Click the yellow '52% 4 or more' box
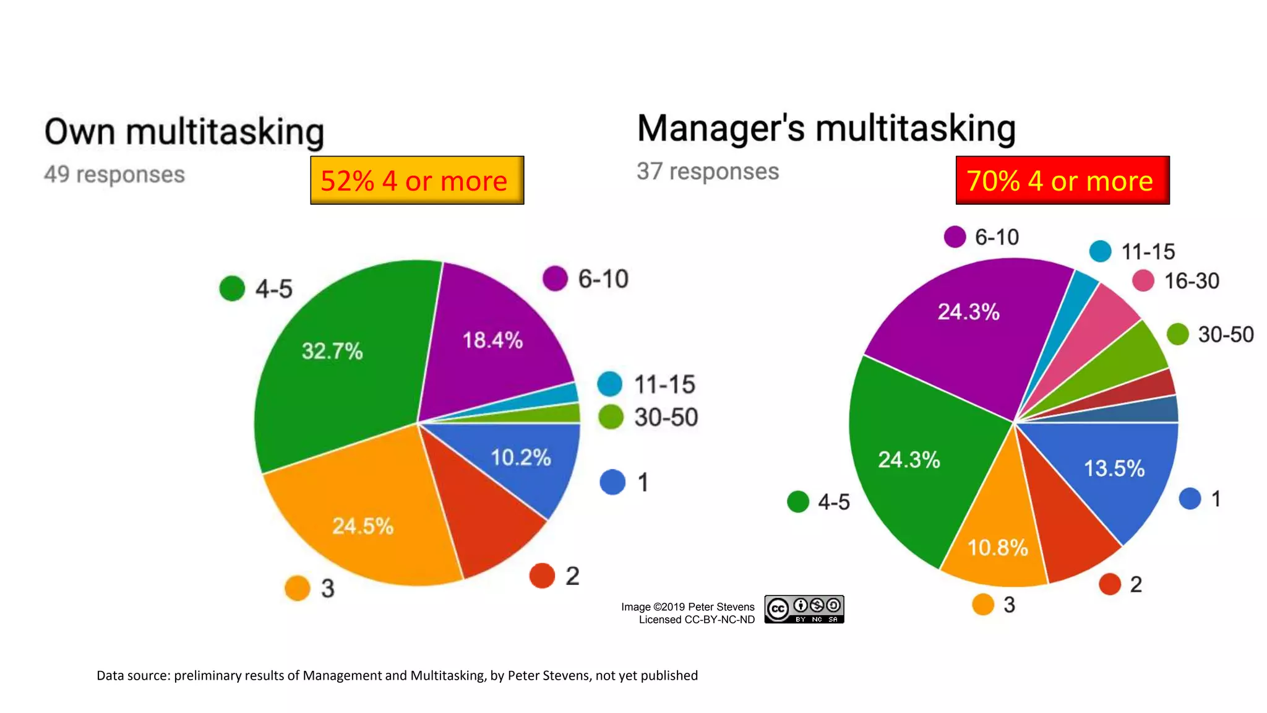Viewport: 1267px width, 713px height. (x=417, y=180)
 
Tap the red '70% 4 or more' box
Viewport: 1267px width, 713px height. (x=1062, y=180)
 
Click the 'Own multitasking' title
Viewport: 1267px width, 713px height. (x=184, y=132)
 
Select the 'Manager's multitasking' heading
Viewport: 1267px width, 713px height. (x=827, y=128)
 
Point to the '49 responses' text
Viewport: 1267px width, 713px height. (x=114, y=175)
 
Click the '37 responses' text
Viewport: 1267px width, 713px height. (x=708, y=171)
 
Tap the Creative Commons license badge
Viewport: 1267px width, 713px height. (x=804, y=610)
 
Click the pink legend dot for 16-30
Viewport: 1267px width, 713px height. (x=1143, y=280)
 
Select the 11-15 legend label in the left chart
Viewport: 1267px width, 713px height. (x=664, y=384)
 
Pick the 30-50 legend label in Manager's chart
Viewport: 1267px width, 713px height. (x=1226, y=334)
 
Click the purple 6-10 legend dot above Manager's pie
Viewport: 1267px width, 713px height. (x=955, y=236)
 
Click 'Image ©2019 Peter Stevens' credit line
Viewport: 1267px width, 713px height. (x=687, y=607)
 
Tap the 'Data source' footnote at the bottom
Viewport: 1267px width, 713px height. (x=397, y=675)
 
